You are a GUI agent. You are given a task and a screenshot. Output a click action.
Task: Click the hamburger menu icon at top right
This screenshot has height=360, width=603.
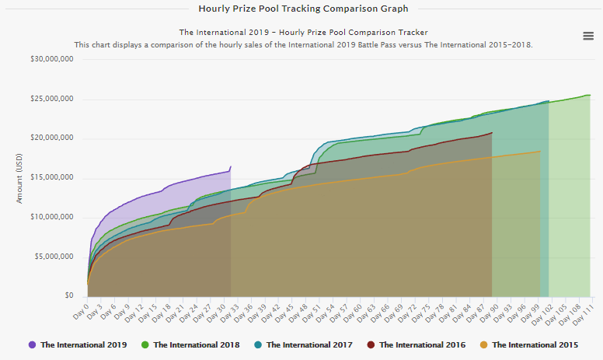click(588, 36)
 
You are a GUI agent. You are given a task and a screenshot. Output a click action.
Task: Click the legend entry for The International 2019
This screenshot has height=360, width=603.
click(78, 344)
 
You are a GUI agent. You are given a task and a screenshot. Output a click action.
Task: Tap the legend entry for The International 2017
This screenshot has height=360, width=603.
click(309, 344)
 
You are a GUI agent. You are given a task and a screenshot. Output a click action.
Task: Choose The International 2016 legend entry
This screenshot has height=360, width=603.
click(422, 344)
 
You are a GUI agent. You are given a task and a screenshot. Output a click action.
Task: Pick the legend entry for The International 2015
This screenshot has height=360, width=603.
click(535, 344)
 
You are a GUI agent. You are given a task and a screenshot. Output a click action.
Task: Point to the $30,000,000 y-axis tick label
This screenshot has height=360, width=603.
click(52, 60)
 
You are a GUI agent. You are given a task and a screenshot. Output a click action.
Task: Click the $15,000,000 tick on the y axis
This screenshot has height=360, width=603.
click(52, 178)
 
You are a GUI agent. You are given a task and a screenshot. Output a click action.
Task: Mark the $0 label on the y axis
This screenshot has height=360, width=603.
click(68, 296)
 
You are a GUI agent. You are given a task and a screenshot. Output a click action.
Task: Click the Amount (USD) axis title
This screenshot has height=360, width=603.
click(20, 178)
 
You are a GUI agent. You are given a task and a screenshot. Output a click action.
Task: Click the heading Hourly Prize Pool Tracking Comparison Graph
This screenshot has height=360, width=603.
click(303, 9)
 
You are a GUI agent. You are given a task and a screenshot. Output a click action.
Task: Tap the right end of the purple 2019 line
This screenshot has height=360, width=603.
click(230, 167)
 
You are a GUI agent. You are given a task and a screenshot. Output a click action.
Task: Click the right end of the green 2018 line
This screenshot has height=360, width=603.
click(590, 95)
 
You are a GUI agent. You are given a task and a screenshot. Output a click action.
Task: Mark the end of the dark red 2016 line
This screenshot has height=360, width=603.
click(492, 133)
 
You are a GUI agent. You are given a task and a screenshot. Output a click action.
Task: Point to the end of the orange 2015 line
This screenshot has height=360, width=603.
click(540, 152)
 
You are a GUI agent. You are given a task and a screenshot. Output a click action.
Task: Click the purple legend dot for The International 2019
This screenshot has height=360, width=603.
click(32, 344)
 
